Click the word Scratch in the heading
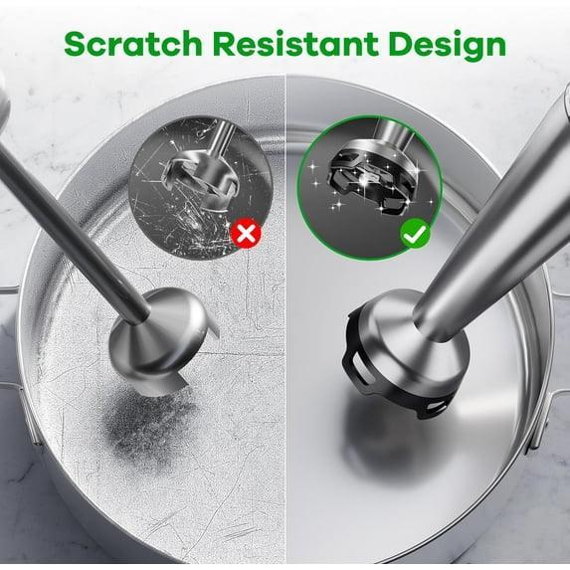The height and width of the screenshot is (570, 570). point(132,44)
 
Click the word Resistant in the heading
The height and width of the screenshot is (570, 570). point(295,44)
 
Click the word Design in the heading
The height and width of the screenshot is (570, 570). point(447,46)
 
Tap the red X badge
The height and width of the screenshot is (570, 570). point(246,233)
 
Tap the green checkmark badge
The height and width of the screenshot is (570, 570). point(415,233)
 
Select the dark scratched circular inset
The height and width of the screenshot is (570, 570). point(201,188)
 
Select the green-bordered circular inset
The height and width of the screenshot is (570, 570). point(370,188)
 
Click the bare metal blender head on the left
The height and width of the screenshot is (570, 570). point(160,342)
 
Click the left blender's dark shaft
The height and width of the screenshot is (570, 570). point(73,233)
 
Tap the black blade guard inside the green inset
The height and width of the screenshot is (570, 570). point(367,182)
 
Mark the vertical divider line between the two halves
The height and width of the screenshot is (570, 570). point(285,320)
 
